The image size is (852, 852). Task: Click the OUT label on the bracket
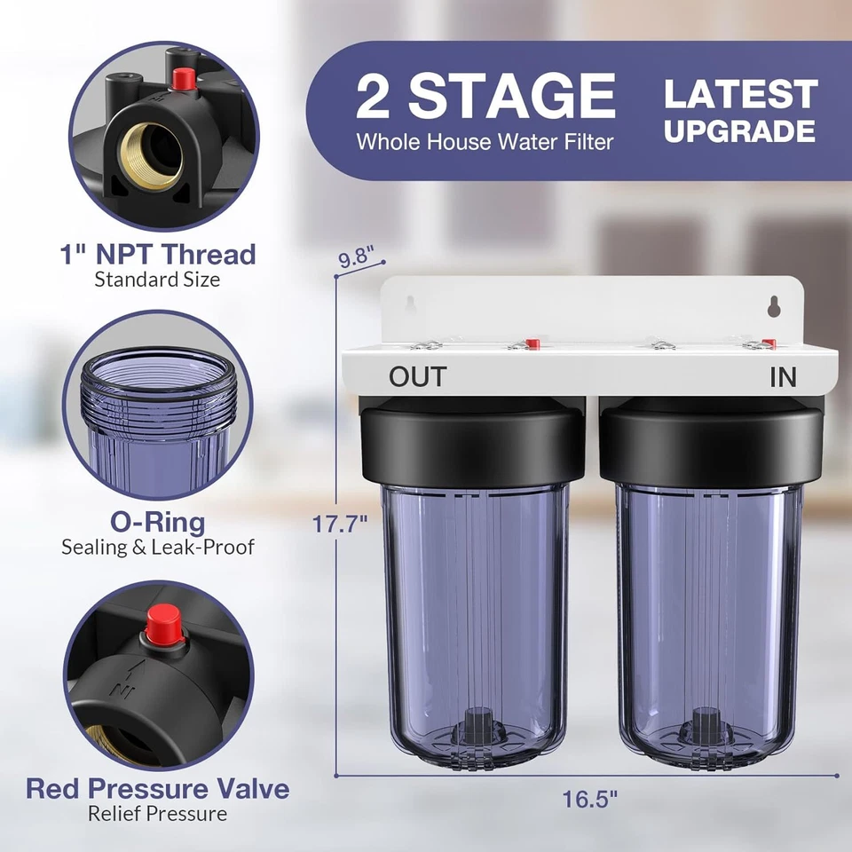point(417,376)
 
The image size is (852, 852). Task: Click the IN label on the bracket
point(783,377)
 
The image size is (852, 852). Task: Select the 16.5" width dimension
point(590,798)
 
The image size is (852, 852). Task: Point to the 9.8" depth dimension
point(361,260)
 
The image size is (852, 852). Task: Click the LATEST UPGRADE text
point(739,112)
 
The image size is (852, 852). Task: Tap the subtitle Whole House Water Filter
point(485,141)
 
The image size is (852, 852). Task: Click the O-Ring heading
point(158,522)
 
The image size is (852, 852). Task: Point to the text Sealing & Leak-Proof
point(158,547)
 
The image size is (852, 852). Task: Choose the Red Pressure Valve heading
point(157,788)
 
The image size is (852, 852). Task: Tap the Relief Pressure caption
point(157,813)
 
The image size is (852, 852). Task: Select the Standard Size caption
point(158,280)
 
